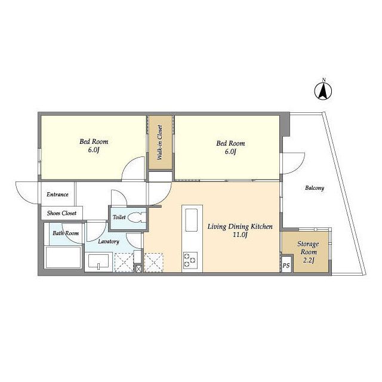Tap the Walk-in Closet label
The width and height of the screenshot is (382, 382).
160,143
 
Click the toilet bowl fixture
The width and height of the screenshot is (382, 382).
137,217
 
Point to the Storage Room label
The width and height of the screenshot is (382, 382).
308,248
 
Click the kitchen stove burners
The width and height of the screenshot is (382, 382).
190,260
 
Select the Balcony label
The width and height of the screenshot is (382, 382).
315,188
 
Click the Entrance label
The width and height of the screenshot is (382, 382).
57,195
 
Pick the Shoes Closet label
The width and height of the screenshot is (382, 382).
61,213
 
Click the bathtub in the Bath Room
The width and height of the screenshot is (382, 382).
63,257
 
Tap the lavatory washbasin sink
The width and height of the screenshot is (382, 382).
98,262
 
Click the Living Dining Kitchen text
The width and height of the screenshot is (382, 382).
240,227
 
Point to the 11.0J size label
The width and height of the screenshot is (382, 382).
240,235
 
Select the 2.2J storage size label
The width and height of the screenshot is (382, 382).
309,260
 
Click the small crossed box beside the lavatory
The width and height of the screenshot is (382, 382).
138,269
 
